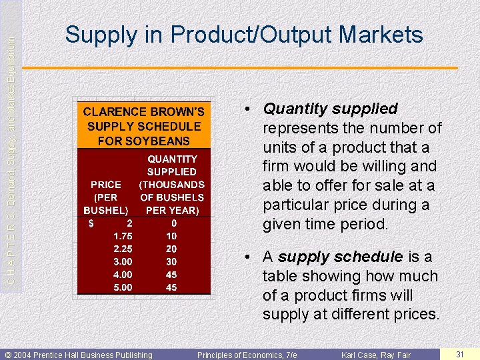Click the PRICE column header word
[x=106, y=185]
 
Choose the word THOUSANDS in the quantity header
[x=172, y=185]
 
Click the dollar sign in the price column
[x=91, y=223]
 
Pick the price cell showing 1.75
[x=122, y=236]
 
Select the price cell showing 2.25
[x=122, y=249]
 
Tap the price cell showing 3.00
[x=122, y=262]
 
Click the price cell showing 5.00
[x=122, y=287]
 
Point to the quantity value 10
[x=171, y=236]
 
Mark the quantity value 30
[x=171, y=262]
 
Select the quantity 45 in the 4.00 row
[x=171, y=275]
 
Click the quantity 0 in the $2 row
[x=173, y=223]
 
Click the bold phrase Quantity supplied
[x=330, y=109]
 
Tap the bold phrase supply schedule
[x=340, y=257]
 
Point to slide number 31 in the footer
[x=459, y=354]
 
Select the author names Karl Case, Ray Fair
[x=376, y=355]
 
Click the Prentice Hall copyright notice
[x=79, y=355]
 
